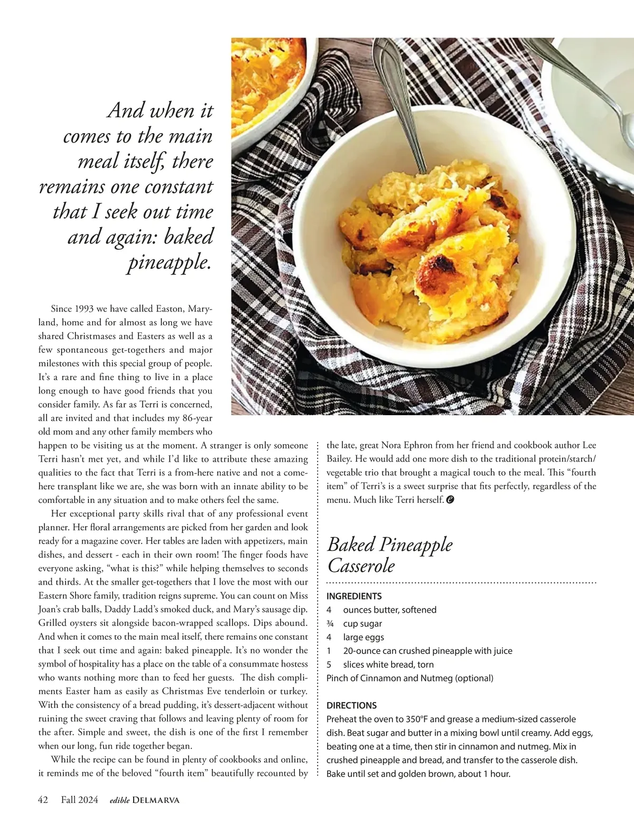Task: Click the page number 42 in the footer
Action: [43, 800]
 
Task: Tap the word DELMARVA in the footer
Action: [156, 800]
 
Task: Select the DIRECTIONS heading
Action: [351, 705]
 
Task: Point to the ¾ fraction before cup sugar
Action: [330, 623]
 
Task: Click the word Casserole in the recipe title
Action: [361, 566]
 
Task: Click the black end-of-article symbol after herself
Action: [450, 500]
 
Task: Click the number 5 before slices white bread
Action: [329, 665]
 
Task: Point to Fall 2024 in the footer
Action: [79, 800]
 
